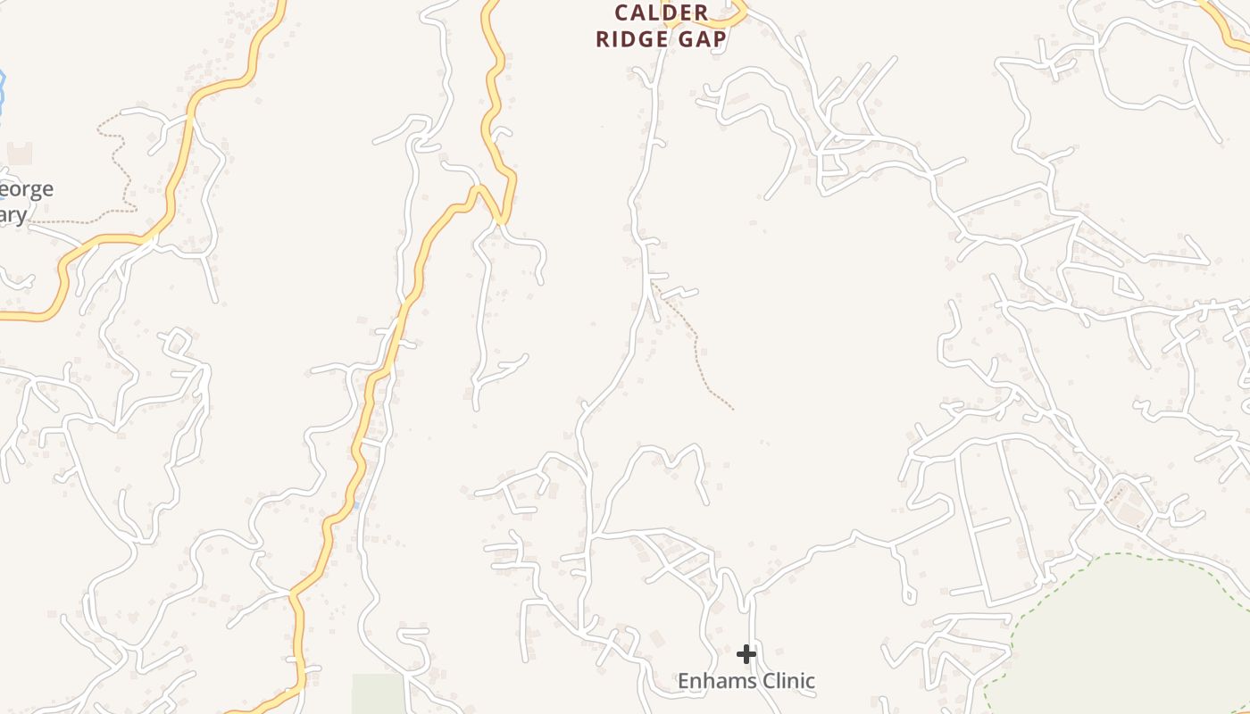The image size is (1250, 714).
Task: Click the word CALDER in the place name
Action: pyautogui.click(x=662, y=13)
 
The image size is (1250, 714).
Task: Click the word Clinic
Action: pyautogui.click(x=785, y=681)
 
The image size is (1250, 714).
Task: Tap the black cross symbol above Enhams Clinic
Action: pyautogui.click(x=746, y=655)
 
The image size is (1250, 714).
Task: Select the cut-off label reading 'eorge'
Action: pyautogui.click(x=27, y=189)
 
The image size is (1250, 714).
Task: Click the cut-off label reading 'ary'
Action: pyautogui.click(x=13, y=215)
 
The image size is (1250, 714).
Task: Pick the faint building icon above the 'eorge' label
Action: pyautogui.click(x=20, y=153)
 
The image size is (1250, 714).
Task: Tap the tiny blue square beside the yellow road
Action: pyautogui.click(x=356, y=505)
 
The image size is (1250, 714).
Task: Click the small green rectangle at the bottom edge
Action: pyautogui.click(x=378, y=693)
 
